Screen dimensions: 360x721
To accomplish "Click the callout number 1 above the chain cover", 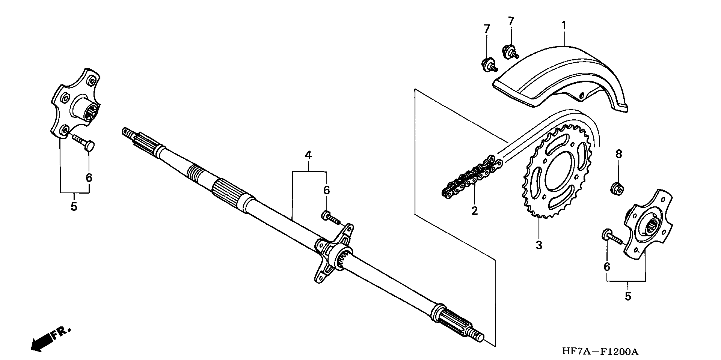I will pyautogui.click(x=564, y=26).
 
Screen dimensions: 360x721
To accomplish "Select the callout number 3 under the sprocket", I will pyautogui.click(x=539, y=245).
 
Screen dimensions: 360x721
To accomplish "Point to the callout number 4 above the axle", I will pyautogui.click(x=308, y=155).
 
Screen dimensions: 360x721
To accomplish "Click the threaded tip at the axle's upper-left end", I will pyautogui.click(x=128, y=132).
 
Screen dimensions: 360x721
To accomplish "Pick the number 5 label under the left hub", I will pyautogui.click(x=74, y=207).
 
